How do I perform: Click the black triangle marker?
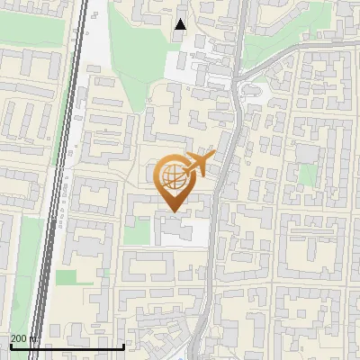pos(181,24)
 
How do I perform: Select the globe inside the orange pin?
pos(171,176)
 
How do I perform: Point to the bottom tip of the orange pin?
pos(171,211)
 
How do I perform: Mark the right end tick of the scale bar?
pos(122,345)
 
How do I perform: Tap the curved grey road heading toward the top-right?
pos(288,49)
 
